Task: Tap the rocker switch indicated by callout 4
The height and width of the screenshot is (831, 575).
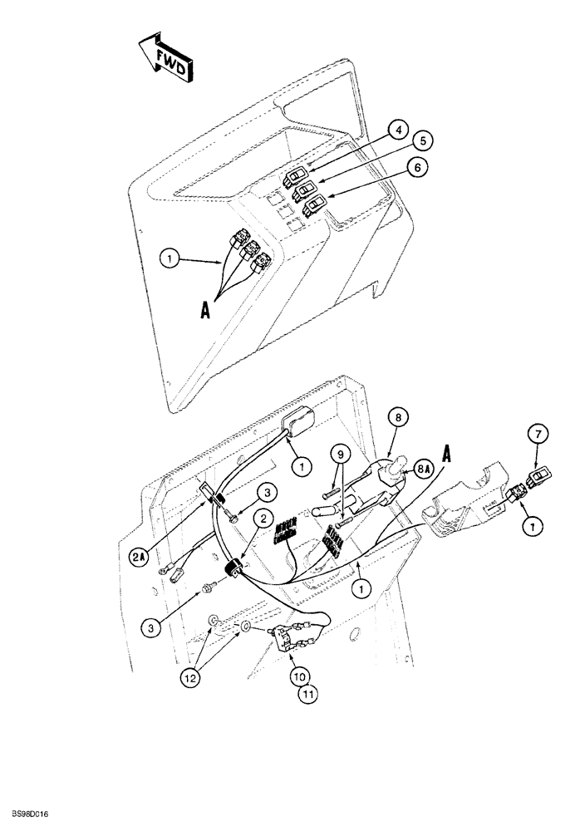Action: [297, 176]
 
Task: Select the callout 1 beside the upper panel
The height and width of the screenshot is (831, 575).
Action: [170, 258]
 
